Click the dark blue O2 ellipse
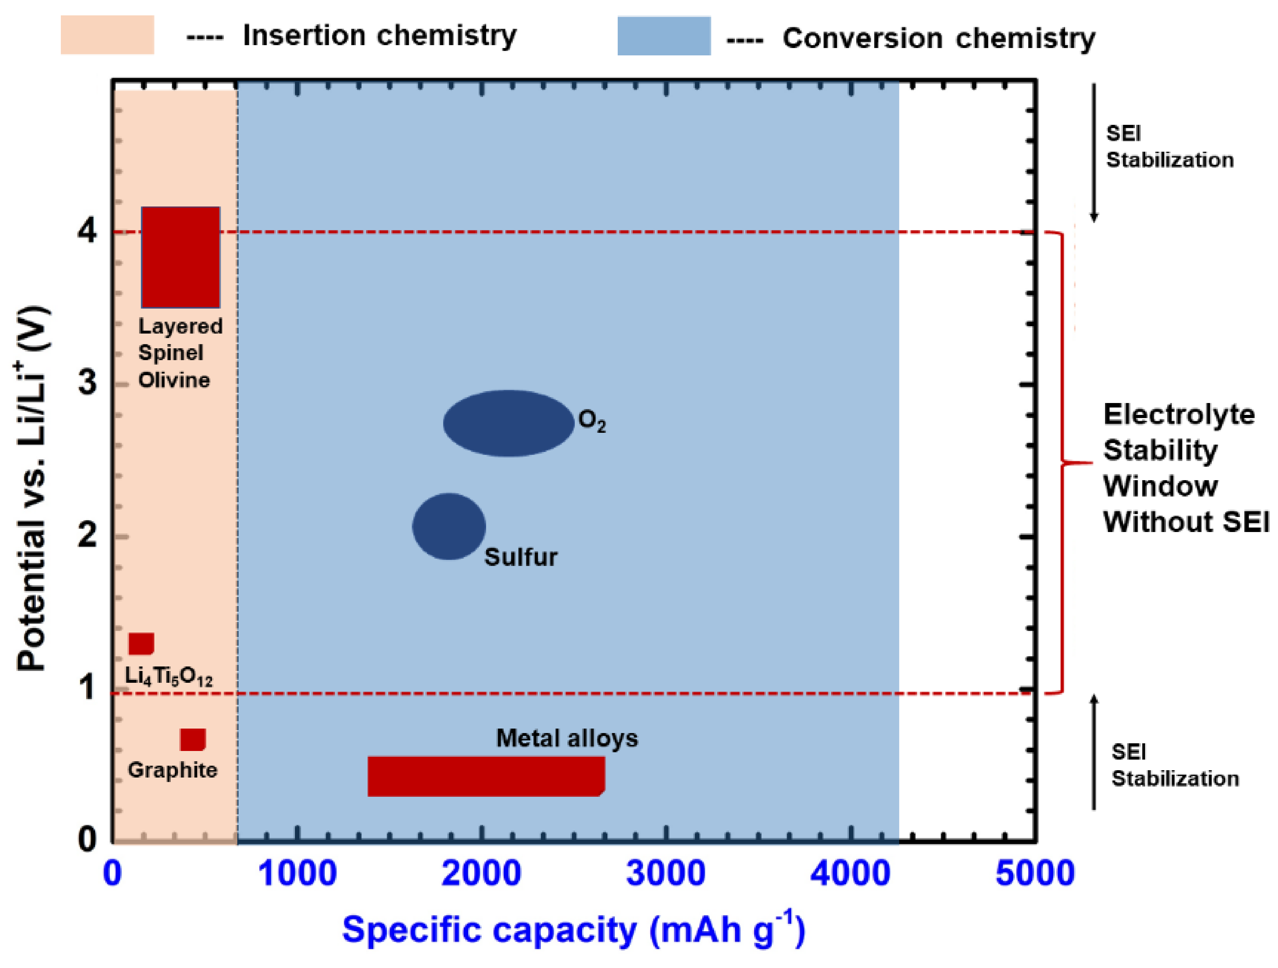click(509, 423)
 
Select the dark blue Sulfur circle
click(449, 526)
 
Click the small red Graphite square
click(192, 739)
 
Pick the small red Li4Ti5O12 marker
click(141, 643)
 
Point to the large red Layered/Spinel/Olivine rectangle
click(180, 257)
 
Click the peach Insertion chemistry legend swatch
click(108, 35)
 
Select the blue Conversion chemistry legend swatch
click(664, 36)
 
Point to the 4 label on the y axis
click(87, 232)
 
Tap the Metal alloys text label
click(567, 738)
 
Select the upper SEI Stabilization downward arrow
click(1093, 153)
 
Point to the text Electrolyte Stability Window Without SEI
click(1184, 468)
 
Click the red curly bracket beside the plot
click(1063, 462)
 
